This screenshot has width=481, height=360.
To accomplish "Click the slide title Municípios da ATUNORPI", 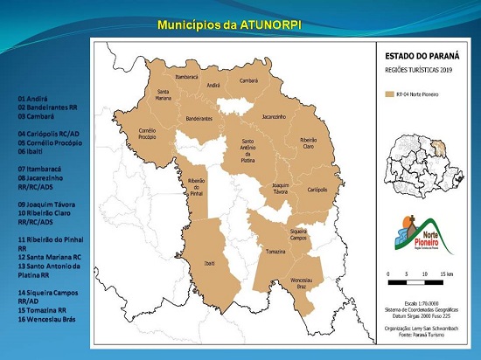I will pos(229,25).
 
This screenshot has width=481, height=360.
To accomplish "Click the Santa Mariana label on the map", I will pos(164,94).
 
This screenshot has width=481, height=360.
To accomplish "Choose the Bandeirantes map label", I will pos(199,119).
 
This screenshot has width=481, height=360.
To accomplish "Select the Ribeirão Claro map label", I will pos(308,142).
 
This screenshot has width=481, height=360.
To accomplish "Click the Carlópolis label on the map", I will pos(317,189).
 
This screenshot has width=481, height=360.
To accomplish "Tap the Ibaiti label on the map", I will pos(209,262).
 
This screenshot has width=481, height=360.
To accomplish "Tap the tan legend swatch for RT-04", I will pos(390,89).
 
